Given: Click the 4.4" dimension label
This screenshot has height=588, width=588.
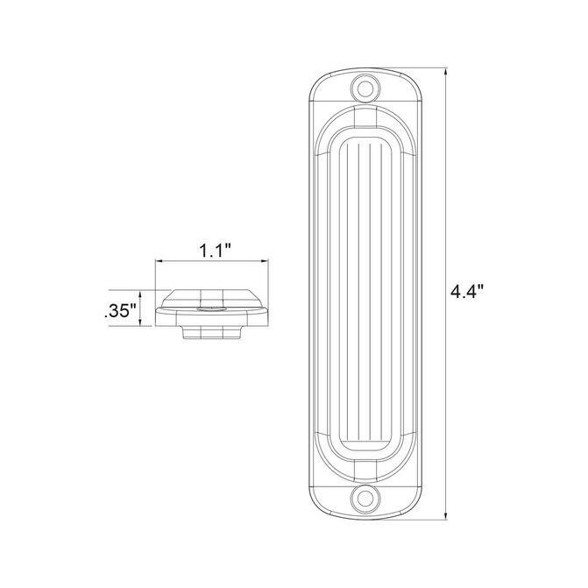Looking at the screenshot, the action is click(467, 292).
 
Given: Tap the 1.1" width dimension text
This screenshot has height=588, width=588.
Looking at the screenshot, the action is click(215, 250).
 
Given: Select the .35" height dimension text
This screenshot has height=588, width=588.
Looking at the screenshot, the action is click(120, 311).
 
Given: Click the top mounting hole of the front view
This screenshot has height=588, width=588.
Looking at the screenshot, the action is click(364, 89).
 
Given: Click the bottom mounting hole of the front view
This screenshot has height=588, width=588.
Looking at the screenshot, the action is click(364, 499).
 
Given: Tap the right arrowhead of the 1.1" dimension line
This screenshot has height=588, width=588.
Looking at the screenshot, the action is click(264, 261).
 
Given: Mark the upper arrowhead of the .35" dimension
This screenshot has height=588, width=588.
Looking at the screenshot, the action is click(140, 294).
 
